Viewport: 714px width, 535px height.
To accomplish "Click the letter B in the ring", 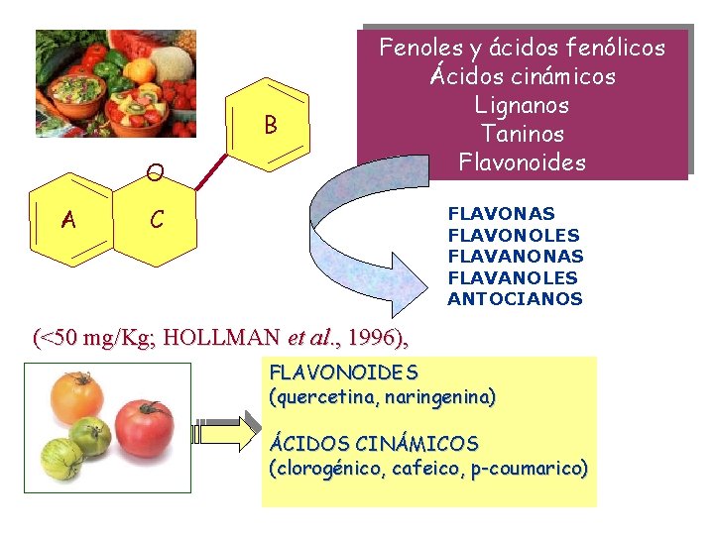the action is coord(270,126).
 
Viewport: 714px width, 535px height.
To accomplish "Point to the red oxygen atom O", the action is coord(153,174).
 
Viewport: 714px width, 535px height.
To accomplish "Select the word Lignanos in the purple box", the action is coord(522,105).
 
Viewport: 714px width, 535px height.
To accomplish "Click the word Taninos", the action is coord(522,133).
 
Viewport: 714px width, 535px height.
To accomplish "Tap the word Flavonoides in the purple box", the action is coord(522,161).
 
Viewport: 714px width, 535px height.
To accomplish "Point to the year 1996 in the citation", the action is coord(370,338).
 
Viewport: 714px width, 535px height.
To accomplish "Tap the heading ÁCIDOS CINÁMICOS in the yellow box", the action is coord(374,443).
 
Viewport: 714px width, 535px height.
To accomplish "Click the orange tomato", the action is coord(77,394).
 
